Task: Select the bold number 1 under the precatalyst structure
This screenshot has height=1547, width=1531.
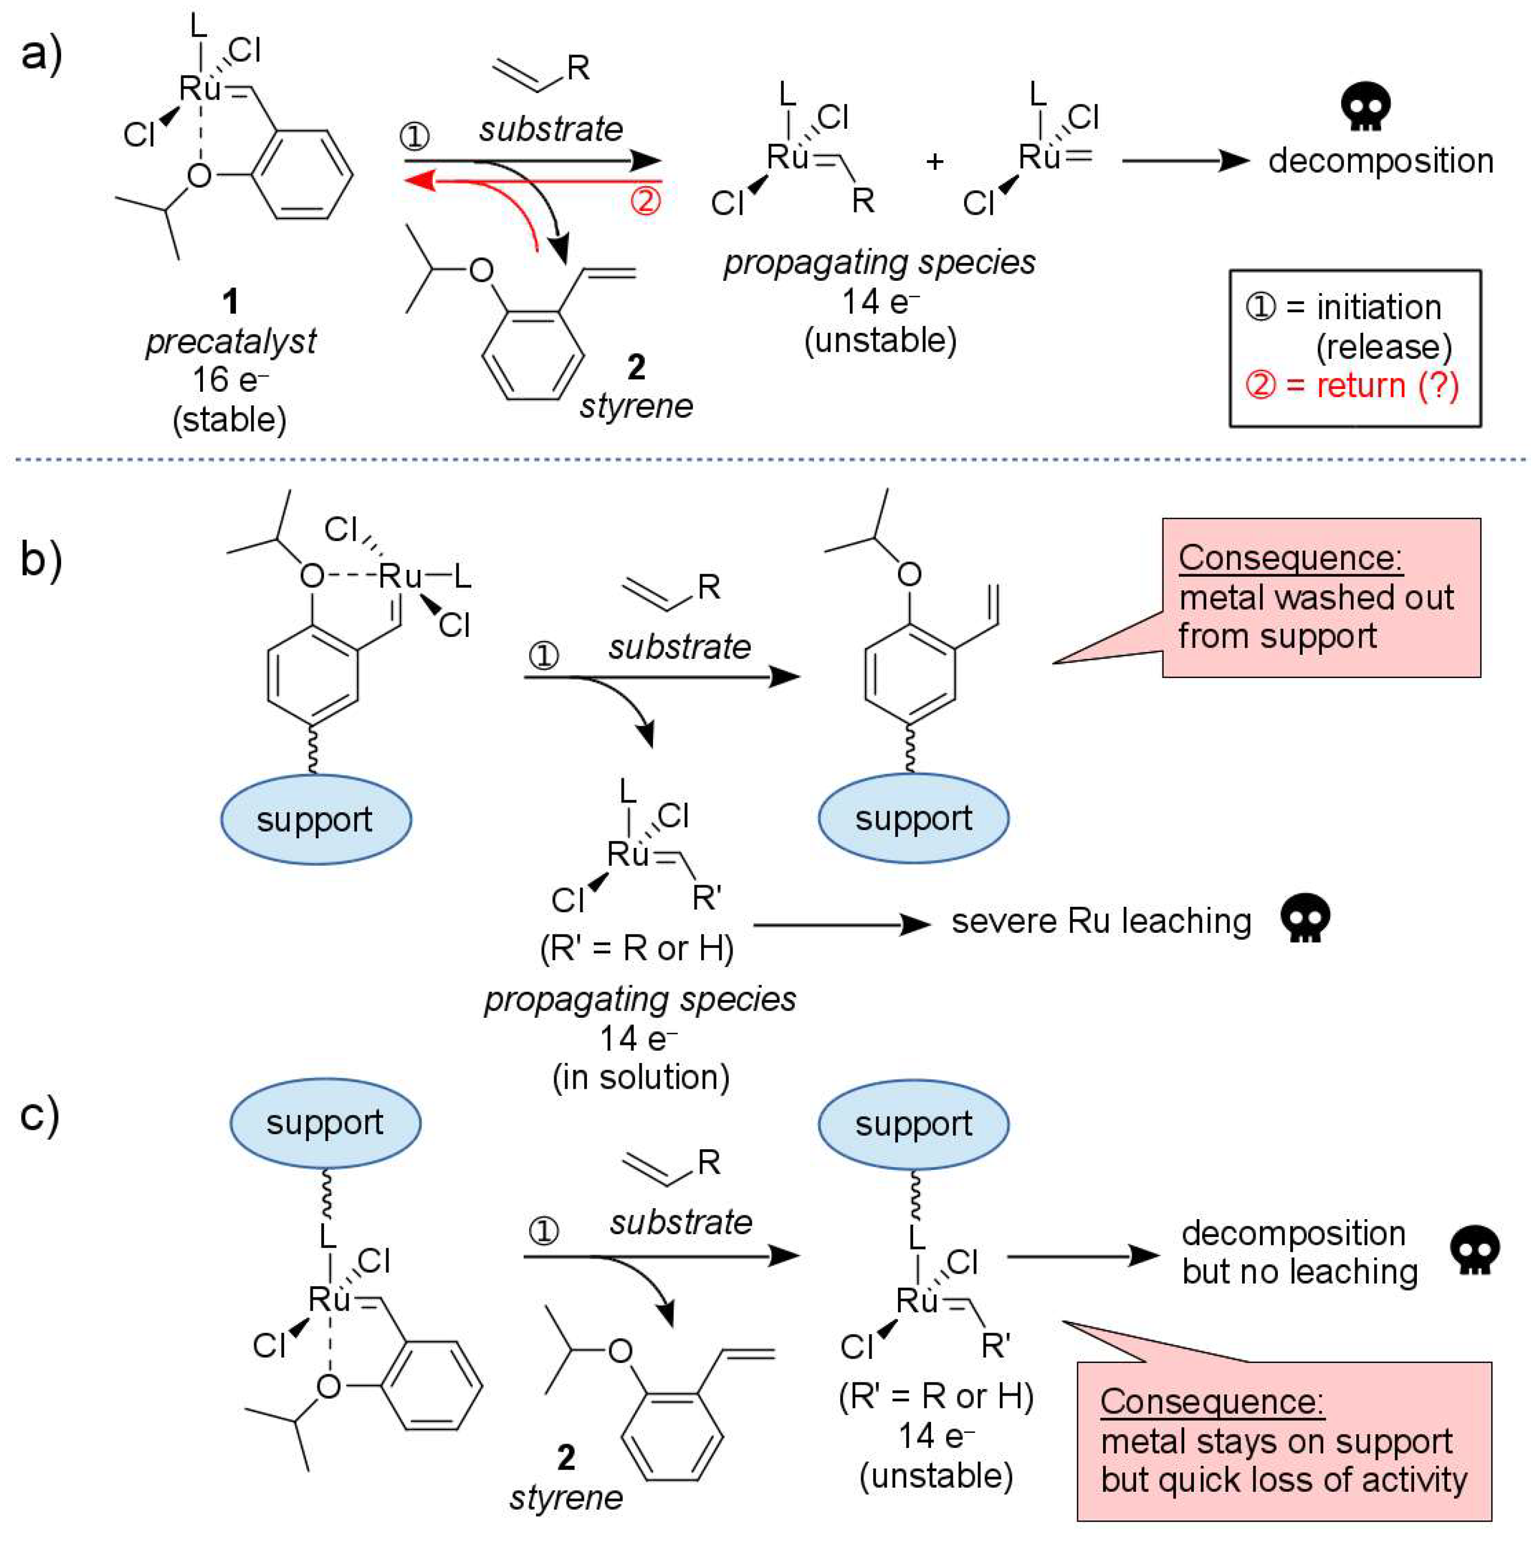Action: click(x=230, y=302)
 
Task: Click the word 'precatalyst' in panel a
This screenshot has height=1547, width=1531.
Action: click(x=230, y=342)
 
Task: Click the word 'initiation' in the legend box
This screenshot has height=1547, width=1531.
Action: click(x=1379, y=307)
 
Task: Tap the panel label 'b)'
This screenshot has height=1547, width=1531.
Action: click(x=42, y=558)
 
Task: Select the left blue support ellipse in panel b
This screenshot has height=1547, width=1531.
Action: click(x=315, y=819)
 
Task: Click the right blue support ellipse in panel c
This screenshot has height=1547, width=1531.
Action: click(x=913, y=1124)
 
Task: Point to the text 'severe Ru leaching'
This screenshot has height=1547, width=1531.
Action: click(x=1101, y=921)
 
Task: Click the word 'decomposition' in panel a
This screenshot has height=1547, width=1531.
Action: click(x=1381, y=161)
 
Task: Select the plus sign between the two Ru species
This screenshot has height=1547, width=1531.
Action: click(x=934, y=162)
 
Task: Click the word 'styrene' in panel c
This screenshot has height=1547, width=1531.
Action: click(x=565, y=1497)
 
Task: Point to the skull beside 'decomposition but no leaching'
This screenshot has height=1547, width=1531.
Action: click(x=1475, y=1249)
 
